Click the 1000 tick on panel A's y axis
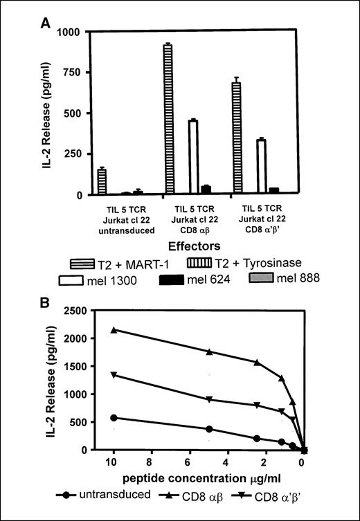click(78, 32)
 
